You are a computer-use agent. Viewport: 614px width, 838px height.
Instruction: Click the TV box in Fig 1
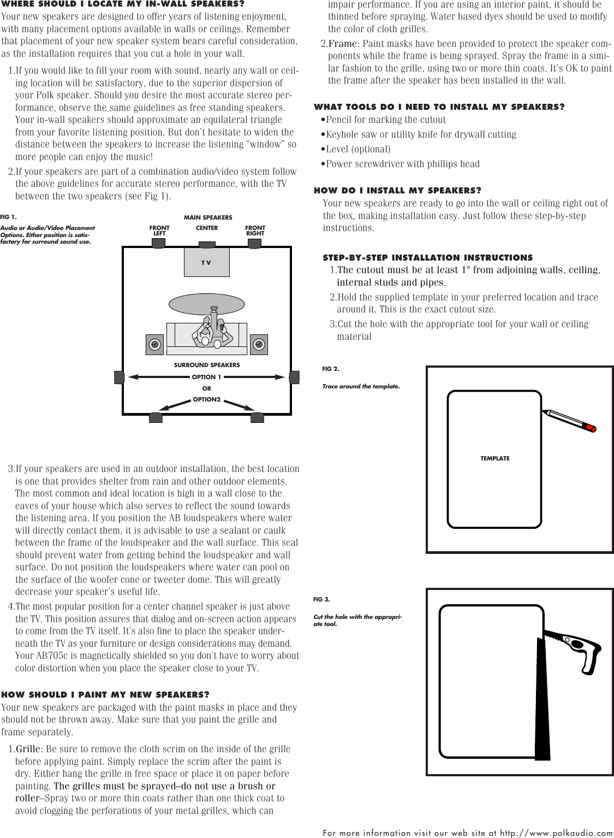206,262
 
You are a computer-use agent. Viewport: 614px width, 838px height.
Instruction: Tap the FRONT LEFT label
159,231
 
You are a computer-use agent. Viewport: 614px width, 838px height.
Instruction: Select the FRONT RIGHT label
255,231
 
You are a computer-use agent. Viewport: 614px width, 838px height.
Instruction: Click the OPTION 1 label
206,377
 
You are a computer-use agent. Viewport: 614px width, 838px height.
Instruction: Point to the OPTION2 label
206,400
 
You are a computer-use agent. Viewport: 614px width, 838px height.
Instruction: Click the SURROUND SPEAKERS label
206,365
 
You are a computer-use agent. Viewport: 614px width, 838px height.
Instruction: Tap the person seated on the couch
210,331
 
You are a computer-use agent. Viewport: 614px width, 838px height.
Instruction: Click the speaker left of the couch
155,344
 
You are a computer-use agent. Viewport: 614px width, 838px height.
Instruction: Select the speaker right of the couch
259,344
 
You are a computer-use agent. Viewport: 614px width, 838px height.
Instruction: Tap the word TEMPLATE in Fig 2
494,458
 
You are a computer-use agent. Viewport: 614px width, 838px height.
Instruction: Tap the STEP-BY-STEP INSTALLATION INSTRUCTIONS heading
427,257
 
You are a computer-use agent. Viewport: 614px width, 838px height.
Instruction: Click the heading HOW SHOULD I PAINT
105,695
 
